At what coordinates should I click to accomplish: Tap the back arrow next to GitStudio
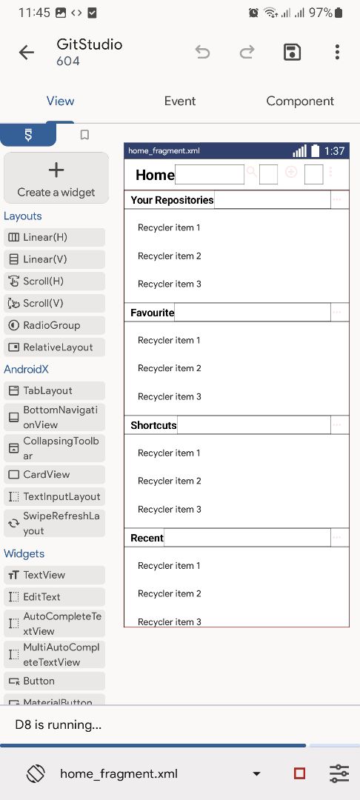coord(27,52)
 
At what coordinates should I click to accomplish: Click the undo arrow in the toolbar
coord(202,52)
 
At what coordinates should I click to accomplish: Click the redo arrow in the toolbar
coord(247,52)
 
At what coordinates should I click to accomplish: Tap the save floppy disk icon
coord(292,52)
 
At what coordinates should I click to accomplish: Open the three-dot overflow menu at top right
coord(337,52)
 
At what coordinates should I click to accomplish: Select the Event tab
coord(180,101)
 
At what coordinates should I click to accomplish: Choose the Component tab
coord(300,101)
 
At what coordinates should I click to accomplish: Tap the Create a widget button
coord(56,178)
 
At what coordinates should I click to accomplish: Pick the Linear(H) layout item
coord(55,237)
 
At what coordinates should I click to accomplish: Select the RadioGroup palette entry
coord(55,325)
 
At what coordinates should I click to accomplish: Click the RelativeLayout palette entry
coord(55,347)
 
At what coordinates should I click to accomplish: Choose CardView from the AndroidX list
coord(55,475)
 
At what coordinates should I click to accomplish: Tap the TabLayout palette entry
coord(55,391)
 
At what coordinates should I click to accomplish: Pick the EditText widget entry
coord(55,596)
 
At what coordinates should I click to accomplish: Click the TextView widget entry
coord(55,575)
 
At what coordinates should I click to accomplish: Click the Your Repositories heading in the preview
coord(172,200)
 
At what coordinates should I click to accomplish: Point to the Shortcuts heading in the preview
coord(153,425)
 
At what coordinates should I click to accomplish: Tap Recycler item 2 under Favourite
coord(170,368)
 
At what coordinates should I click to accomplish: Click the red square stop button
coord(300,773)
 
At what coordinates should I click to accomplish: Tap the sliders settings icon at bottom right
coord(339,773)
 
